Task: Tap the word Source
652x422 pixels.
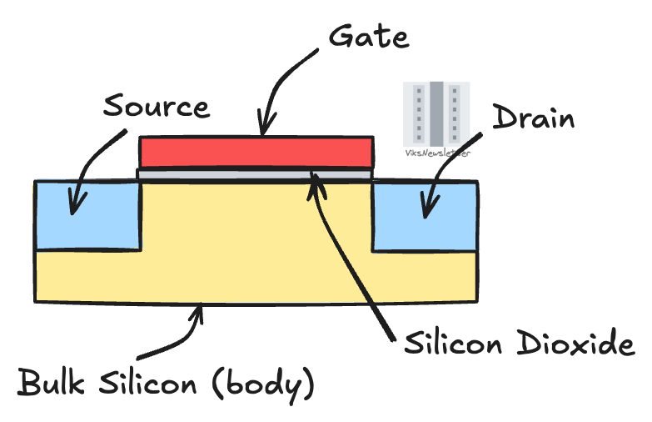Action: [156, 107]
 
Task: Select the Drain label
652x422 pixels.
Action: [534, 118]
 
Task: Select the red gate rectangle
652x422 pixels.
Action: [255, 152]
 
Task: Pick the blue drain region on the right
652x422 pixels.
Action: [425, 216]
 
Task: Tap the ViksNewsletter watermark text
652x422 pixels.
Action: [436, 154]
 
